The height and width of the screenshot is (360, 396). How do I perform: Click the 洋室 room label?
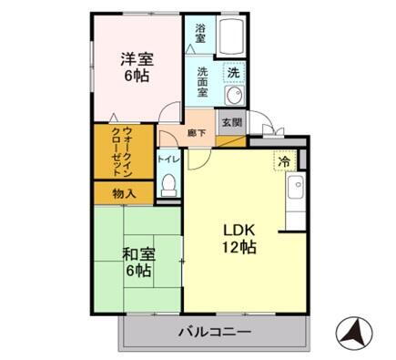(137, 59)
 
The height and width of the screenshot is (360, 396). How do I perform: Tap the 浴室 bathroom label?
(200, 35)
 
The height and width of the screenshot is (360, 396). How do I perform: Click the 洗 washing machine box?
(233, 72)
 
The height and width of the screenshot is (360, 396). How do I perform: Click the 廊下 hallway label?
(195, 132)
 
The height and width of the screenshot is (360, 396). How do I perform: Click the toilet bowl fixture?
(168, 185)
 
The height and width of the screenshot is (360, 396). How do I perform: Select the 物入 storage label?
(125, 194)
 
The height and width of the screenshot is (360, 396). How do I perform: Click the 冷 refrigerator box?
(285, 161)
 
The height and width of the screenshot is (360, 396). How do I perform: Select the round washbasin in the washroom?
(233, 97)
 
